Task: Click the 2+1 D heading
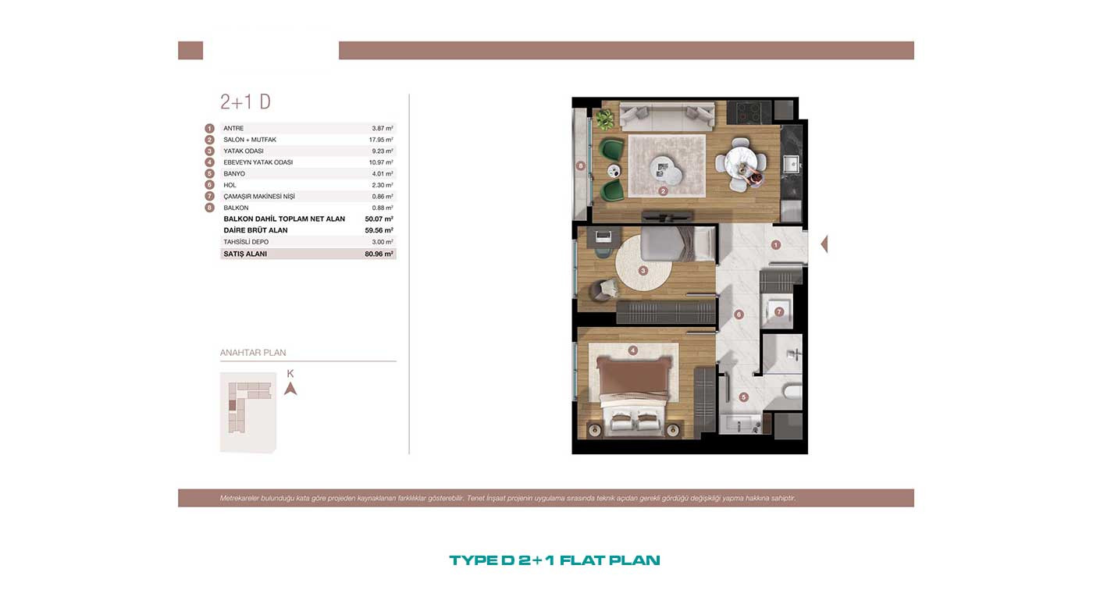[245, 102]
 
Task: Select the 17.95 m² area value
[381, 140]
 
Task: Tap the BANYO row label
[234, 173]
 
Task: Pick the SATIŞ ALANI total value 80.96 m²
[379, 254]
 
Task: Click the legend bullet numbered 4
[209, 162]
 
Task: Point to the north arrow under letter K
[290, 389]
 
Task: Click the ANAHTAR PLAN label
[253, 353]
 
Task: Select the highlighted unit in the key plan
[233, 405]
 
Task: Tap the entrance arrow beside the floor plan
[824, 244]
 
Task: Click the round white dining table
[741, 165]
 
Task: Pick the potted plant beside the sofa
[605, 119]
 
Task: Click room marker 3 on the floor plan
[643, 270]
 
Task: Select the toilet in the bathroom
[792, 391]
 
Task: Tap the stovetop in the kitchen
[749, 112]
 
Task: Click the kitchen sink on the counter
[791, 164]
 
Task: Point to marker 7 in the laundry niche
[779, 311]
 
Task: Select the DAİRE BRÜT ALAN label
[256, 230]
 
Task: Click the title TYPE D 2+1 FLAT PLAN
[554, 560]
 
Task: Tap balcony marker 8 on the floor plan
[580, 165]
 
